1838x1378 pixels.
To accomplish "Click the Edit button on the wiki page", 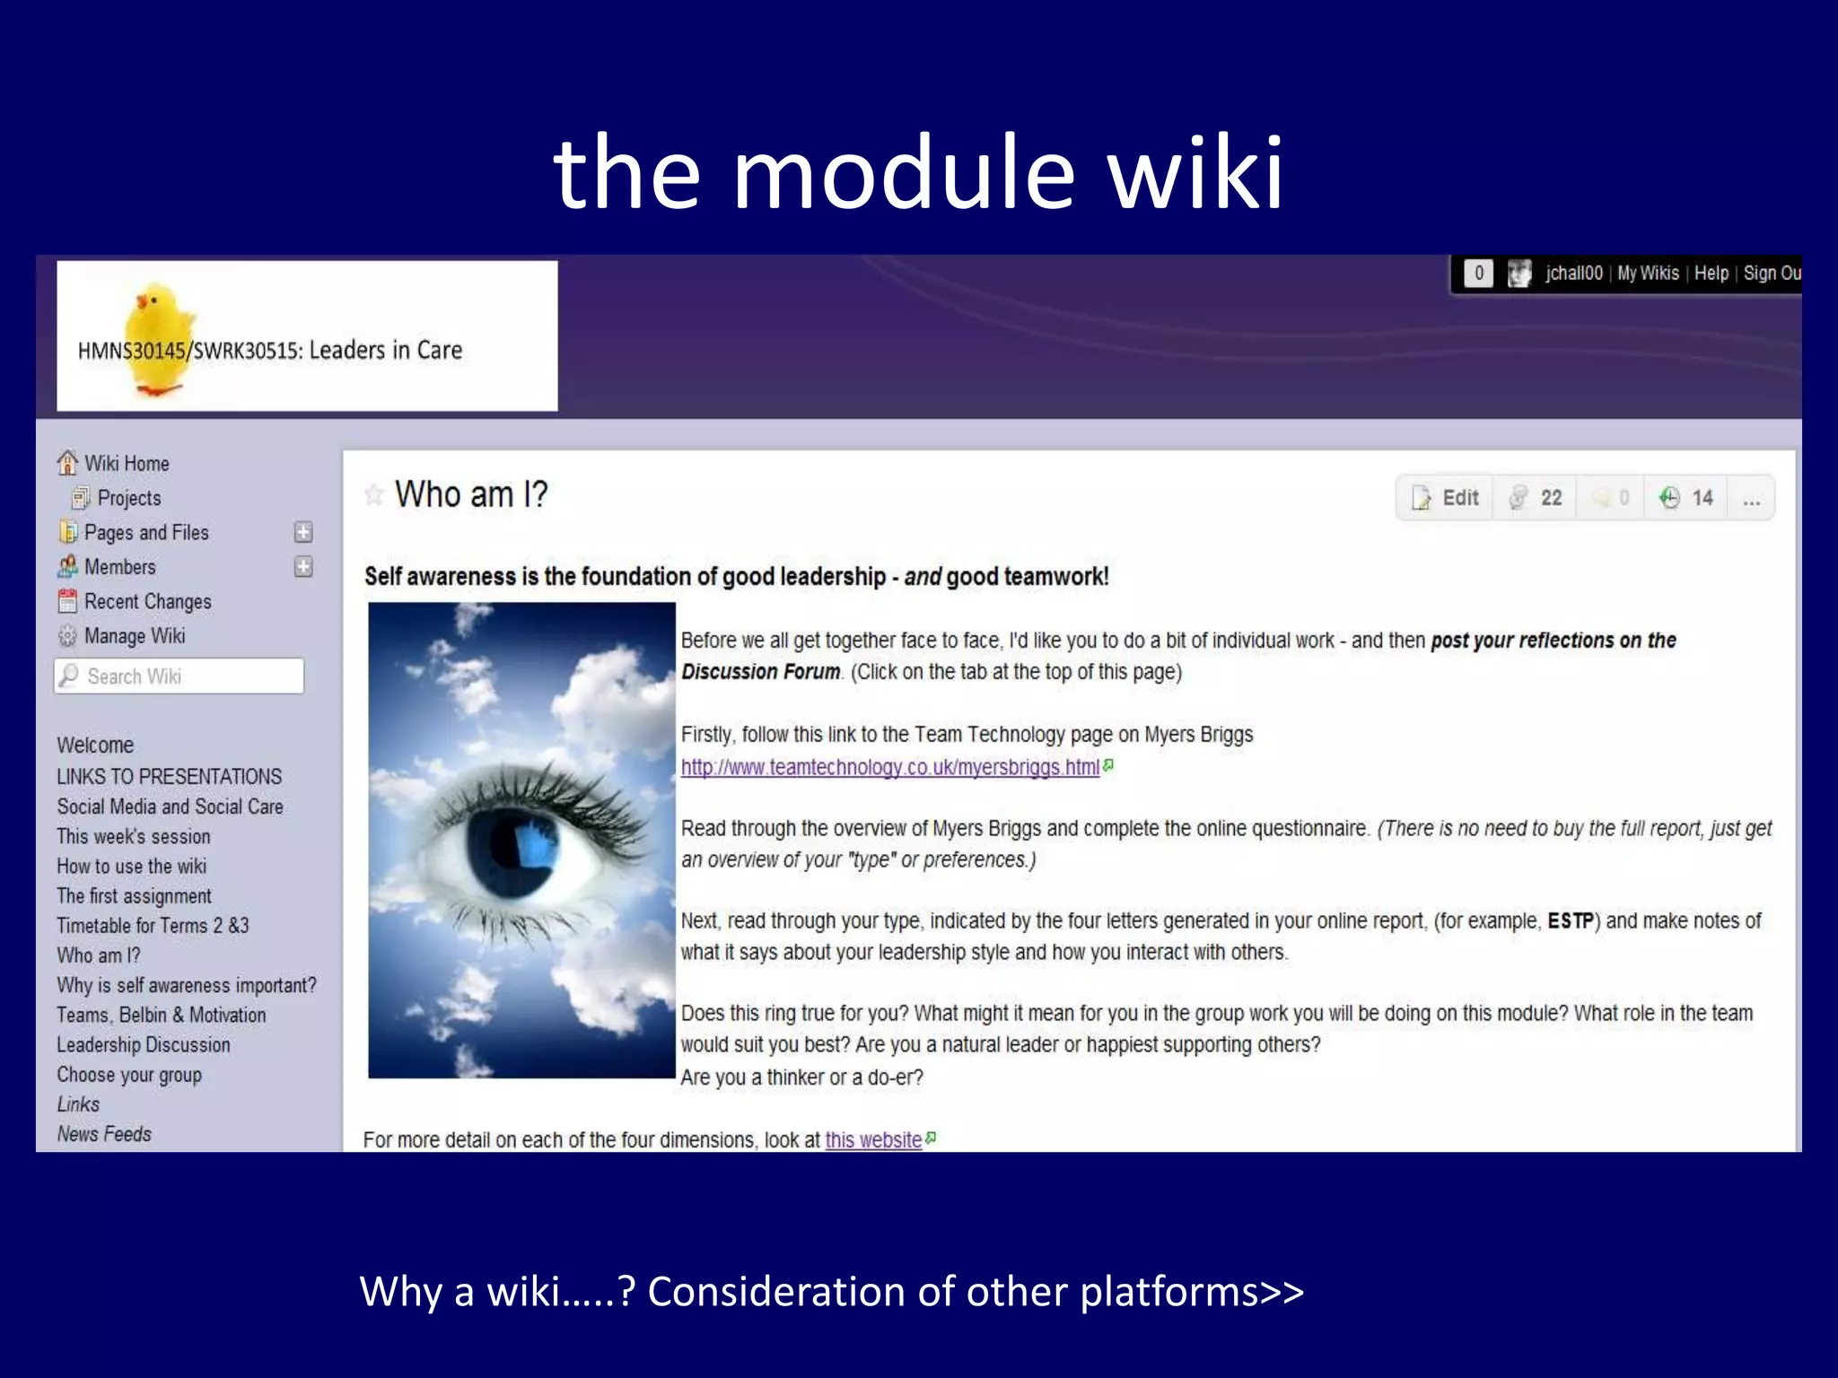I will (x=1446, y=498).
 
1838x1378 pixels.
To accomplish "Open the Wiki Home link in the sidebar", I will (x=126, y=464).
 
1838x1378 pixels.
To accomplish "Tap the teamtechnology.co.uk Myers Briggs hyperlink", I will (x=889, y=767).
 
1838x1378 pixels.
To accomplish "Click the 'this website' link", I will (x=873, y=1140).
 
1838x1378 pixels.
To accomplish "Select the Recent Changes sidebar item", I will (x=147, y=602).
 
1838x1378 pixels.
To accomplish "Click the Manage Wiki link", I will (x=134, y=636).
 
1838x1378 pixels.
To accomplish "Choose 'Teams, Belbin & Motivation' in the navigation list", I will (x=162, y=1016).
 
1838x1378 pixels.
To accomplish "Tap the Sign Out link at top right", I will (x=1772, y=274).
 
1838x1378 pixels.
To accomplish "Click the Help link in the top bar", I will (x=1711, y=274).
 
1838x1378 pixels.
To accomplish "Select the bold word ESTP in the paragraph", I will (x=1571, y=921).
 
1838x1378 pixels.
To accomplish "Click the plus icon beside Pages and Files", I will (x=303, y=533).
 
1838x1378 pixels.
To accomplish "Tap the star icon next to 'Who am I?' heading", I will (x=374, y=494).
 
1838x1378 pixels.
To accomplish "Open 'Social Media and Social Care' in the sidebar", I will (x=170, y=807).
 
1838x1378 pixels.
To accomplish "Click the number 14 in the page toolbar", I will (x=1702, y=498).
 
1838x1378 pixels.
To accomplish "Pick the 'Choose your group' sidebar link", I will (x=129, y=1075).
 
